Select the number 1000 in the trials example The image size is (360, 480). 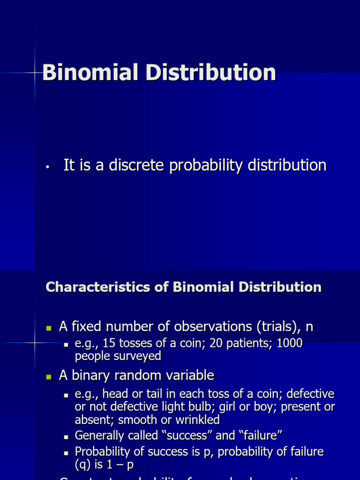[290, 344]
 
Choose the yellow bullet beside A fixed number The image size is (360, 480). [48, 327]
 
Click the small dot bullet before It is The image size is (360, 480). [48, 166]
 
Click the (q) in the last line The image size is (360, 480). [83, 465]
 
